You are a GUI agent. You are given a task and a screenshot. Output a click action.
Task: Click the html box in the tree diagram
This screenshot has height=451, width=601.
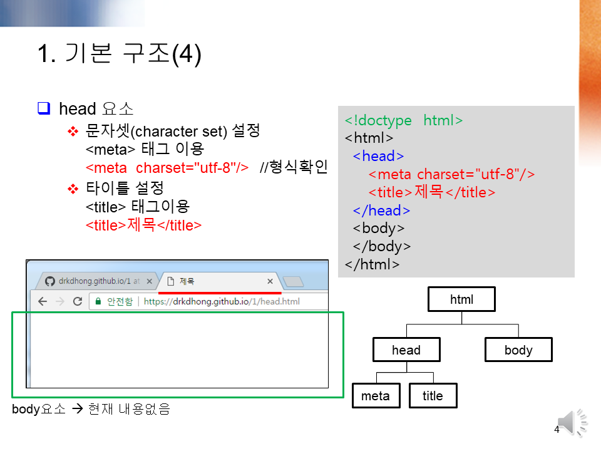click(x=461, y=299)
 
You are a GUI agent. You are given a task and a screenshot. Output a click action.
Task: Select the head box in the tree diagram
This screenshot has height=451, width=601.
click(x=406, y=350)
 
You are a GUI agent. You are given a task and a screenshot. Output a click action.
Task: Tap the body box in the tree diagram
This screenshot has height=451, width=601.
click(x=518, y=350)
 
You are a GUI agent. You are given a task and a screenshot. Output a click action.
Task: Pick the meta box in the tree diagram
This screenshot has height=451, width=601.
click(x=376, y=396)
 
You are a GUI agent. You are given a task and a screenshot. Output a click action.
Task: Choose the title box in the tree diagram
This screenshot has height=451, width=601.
click(x=433, y=396)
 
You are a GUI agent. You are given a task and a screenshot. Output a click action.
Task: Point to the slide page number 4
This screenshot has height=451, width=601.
click(x=557, y=430)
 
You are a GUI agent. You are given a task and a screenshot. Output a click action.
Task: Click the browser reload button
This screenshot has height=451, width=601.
click(x=78, y=301)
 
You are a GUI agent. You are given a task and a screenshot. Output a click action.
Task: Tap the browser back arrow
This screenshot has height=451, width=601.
click(x=43, y=301)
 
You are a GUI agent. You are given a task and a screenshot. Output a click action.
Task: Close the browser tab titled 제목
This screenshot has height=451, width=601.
click(x=270, y=281)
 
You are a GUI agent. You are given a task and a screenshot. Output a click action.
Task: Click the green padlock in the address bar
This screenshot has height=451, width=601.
click(x=98, y=301)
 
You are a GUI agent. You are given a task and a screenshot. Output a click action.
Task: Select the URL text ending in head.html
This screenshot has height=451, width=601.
click(x=222, y=301)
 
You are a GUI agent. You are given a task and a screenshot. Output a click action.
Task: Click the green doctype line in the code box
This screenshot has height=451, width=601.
click(x=404, y=120)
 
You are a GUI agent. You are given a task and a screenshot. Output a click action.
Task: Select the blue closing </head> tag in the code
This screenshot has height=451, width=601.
click(x=381, y=210)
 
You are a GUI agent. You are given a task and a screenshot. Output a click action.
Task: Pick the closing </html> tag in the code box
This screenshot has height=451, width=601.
click(x=372, y=264)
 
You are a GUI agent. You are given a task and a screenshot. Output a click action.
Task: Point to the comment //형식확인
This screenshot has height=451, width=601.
click(x=294, y=167)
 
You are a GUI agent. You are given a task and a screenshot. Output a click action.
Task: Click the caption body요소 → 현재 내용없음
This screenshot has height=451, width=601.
click(x=91, y=410)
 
